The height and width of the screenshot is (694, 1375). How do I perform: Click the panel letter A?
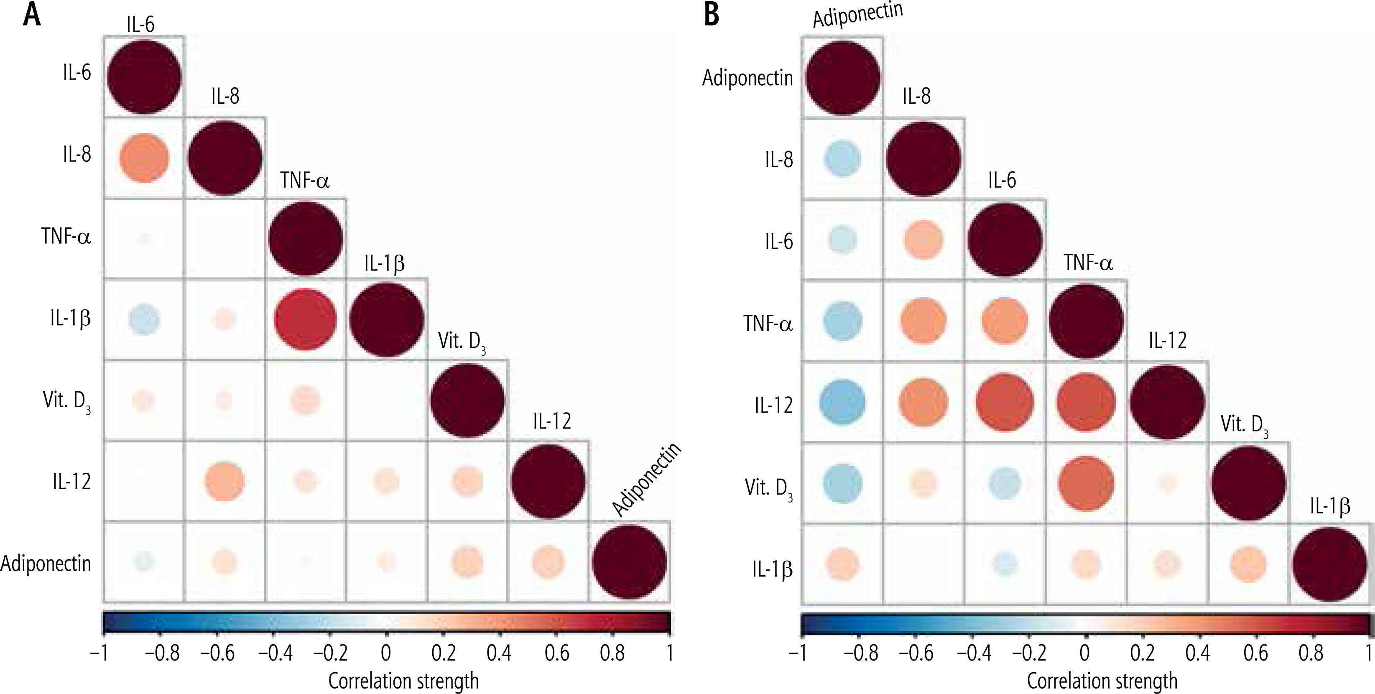(x=32, y=15)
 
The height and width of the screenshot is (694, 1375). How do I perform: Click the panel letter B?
(x=711, y=15)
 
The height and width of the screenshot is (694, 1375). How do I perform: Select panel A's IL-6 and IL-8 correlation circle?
(x=143, y=158)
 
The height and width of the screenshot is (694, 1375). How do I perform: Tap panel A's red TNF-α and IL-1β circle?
(x=305, y=319)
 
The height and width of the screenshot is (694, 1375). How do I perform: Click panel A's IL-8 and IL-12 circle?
(x=225, y=482)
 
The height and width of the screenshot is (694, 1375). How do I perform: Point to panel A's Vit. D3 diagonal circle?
(x=467, y=401)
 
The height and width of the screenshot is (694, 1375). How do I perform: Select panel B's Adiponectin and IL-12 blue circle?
(x=842, y=403)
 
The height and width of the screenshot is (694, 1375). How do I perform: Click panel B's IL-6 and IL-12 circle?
(x=1005, y=402)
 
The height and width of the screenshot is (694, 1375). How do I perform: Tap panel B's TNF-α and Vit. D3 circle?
(x=1085, y=484)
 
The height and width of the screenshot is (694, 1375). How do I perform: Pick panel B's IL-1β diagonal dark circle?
(x=1329, y=565)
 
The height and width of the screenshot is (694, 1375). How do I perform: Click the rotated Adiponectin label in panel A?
(x=646, y=480)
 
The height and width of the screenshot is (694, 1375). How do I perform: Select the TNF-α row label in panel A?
(x=66, y=235)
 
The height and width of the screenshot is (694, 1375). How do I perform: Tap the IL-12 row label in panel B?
(x=773, y=406)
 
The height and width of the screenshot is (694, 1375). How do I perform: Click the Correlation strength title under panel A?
(x=403, y=681)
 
